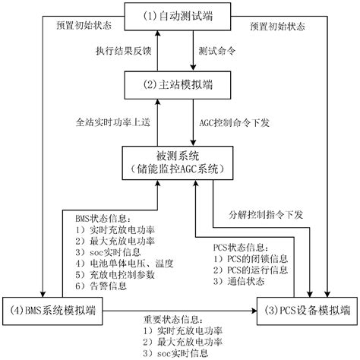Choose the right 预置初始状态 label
[x=278, y=25]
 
